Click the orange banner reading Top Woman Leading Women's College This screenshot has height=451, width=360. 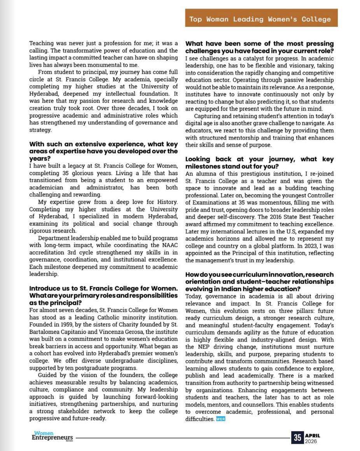(x=260, y=19)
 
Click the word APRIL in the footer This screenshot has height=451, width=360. (x=313, y=435)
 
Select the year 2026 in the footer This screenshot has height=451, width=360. (x=311, y=441)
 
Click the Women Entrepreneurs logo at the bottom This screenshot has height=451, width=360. (x=52, y=436)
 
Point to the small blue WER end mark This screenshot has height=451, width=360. (x=221, y=419)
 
